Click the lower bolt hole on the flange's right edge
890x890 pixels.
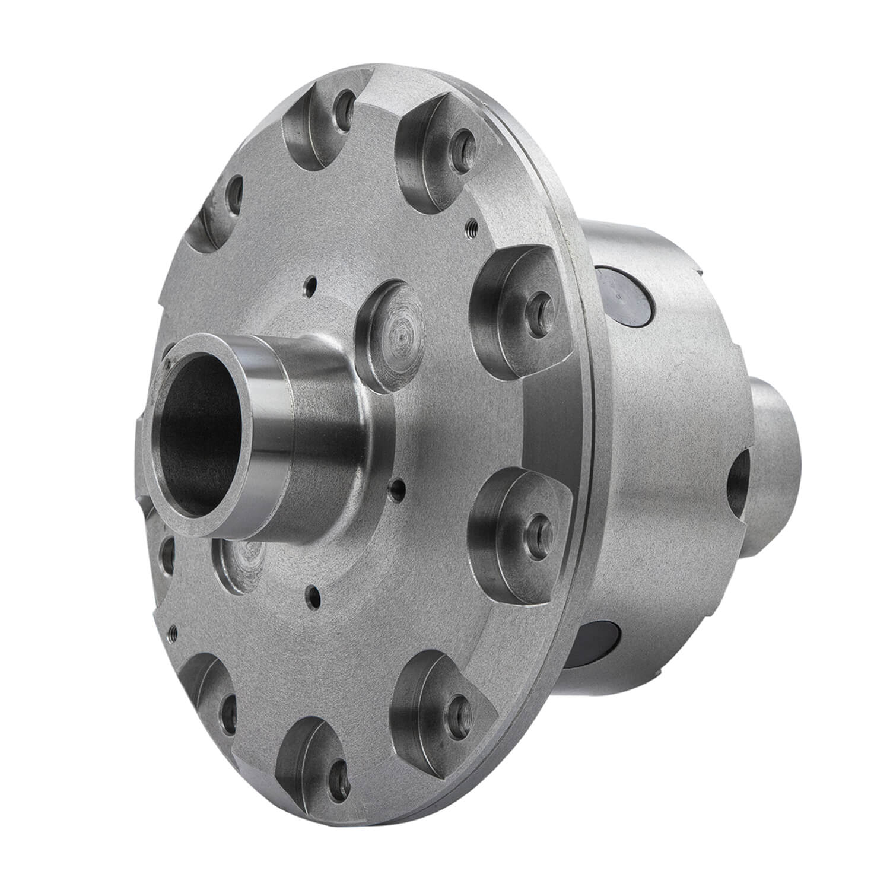[537, 522]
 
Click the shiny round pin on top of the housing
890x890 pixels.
[623, 291]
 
